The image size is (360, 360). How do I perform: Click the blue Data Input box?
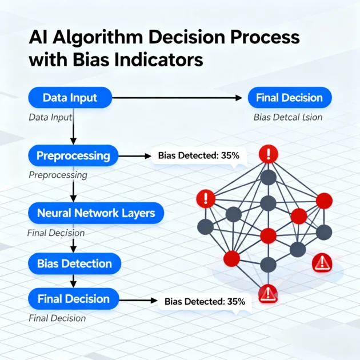(70, 98)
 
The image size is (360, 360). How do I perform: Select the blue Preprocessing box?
(73, 155)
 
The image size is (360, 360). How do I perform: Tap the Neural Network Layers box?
(96, 213)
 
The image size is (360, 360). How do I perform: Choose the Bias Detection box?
(74, 263)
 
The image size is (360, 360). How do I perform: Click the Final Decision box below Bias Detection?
(73, 298)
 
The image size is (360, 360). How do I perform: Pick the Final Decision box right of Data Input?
(289, 98)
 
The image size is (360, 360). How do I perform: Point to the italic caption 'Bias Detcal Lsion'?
(288, 118)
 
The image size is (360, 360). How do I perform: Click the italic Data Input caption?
(50, 118)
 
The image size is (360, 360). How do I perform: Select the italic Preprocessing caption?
(58, 175)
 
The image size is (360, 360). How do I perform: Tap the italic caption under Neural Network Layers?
(56, 233)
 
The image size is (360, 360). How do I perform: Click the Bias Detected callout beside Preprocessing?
(195, 155)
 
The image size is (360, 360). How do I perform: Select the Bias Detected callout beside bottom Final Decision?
(205, 301)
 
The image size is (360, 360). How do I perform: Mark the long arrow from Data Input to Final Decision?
(177, 98)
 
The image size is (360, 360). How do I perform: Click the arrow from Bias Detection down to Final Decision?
(73, 281)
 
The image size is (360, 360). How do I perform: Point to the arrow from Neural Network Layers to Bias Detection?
(73, 244)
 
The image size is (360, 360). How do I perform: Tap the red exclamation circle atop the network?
(268, 154)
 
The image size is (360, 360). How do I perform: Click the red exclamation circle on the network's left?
(205, 199)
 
